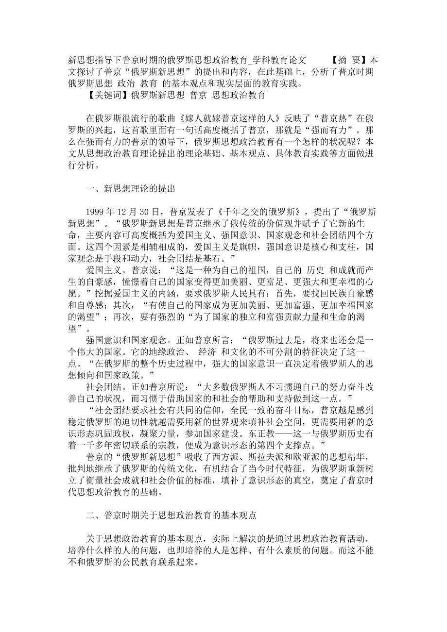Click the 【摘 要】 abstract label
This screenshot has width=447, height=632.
348,60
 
